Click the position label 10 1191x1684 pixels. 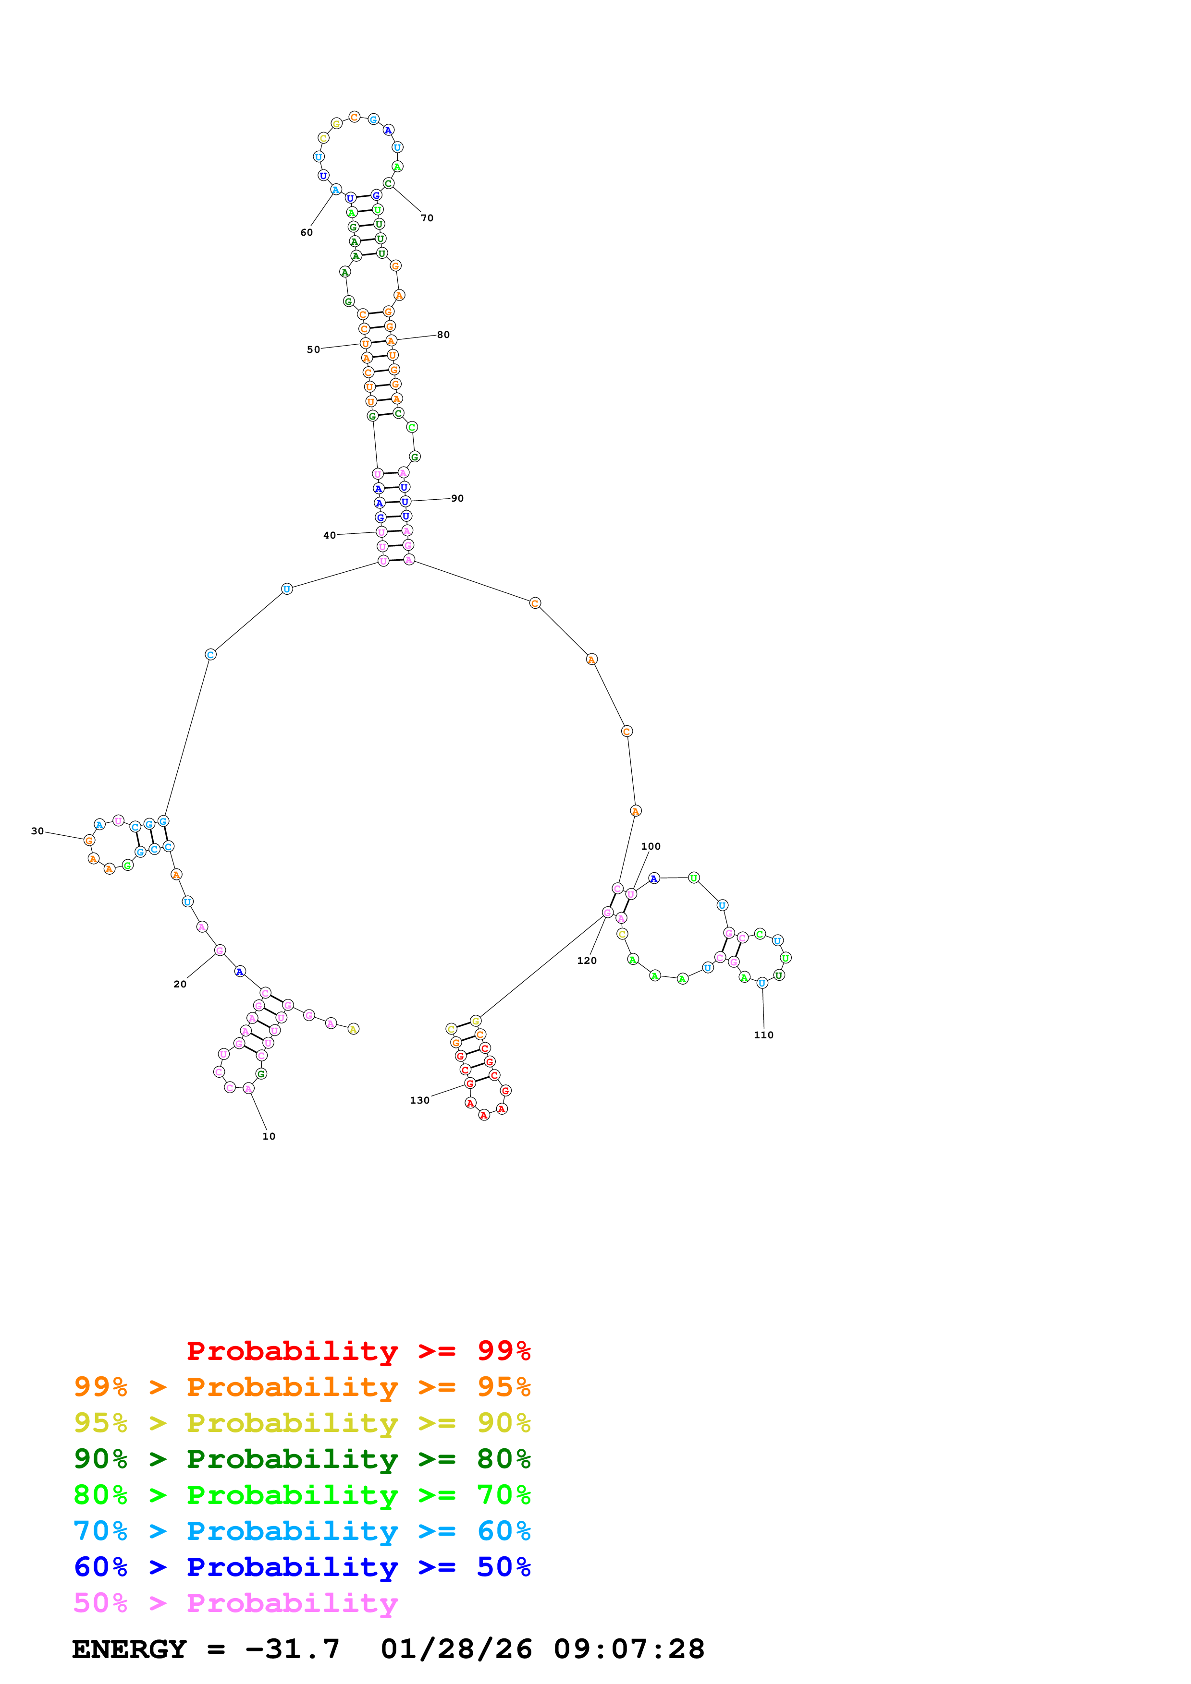click(x=269, y=1136)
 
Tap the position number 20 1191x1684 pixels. click(x=180, y=984)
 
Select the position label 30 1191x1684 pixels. click(x=37, y=831)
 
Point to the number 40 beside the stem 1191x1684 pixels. click(x=330, y=535)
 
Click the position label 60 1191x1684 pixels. click(x=307, y=232)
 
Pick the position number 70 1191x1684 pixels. click(x=427, y=218)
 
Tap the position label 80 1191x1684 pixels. click(x=443, y=335)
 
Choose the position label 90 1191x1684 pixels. click(x=457, y=498)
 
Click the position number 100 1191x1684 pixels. click(x=651, y=846)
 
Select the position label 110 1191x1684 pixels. click(x=763, y=1035)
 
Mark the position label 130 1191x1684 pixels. click(x=420, y=1100)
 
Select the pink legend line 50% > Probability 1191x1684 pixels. click(x=235, y=1602)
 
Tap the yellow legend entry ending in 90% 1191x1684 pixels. click(x=302, y=1422)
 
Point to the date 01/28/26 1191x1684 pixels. click(x=456, y=1649)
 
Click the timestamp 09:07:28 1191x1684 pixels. click(x=629, y=1649)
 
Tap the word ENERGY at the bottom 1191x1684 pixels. click(x=129, y=1649)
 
